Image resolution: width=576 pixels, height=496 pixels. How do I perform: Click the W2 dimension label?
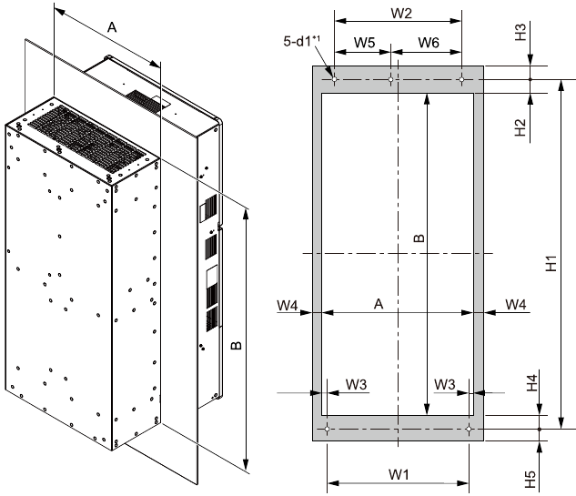click(x=401, y=14)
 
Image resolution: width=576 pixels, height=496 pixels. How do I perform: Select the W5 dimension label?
click(x=364, y=43)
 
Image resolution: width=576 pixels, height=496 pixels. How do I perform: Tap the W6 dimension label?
click(x=429, y=43)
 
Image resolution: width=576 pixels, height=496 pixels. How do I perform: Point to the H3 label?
click(x=520, y=33)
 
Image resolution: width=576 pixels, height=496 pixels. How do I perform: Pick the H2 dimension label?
click(x=520, y=127)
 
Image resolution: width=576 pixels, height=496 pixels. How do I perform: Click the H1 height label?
click(x=551, y=264)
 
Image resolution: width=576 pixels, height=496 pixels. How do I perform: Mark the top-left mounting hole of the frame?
click(x=336, y=80)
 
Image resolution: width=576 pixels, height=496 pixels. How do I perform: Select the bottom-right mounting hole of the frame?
click(x=469, y=428)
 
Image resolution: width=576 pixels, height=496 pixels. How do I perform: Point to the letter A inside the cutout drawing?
click(x=377, y=304)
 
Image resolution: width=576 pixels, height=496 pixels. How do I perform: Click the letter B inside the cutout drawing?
click(x=419, y=238)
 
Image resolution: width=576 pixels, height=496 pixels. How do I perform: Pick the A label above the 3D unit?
click(x=112, y=28)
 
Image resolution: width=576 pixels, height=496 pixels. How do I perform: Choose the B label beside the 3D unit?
click(x=236, y=347)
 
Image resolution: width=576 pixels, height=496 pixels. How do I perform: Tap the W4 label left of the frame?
click(x=288, y=303)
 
